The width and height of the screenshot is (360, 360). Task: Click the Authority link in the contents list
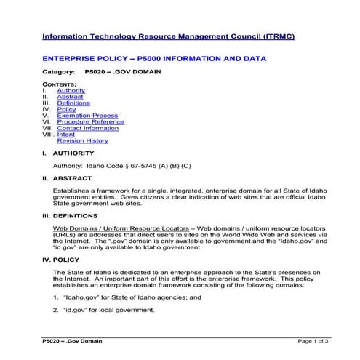point(71,90)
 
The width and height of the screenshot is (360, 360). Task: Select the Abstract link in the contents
point(70,97)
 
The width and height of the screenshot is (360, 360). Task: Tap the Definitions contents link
point(73,103)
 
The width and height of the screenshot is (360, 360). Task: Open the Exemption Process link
point(87,116)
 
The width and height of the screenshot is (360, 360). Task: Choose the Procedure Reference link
point(90,122)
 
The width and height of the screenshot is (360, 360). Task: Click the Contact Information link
point(88,128)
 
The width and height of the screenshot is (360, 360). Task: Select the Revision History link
point(82,140)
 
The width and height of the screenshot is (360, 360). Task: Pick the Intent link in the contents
point(65,135)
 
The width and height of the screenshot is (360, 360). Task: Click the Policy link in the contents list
point(66,109)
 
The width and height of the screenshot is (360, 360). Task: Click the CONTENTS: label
point(60,84)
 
